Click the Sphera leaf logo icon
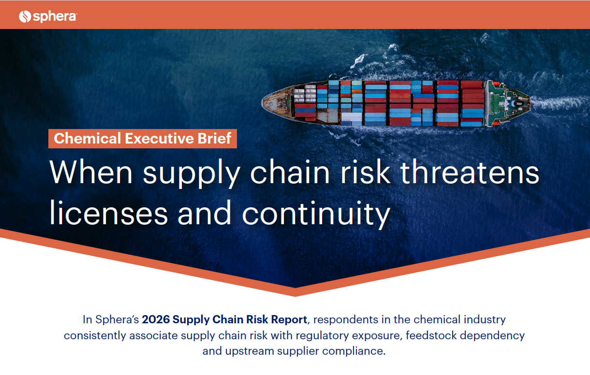tap(25, 16)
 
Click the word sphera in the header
tap(55, 16)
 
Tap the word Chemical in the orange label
tap(88, 138)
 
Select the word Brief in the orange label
tap(214, 138)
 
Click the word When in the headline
tap(91, 173)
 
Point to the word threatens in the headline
tap(470, 173)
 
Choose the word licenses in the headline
tap(108, 213)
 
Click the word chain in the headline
tap(290, 173)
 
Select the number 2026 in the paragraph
tap(156, 319)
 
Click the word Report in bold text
tap(289, 320)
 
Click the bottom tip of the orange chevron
tap(295, 296)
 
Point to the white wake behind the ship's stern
tap(559, 103)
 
